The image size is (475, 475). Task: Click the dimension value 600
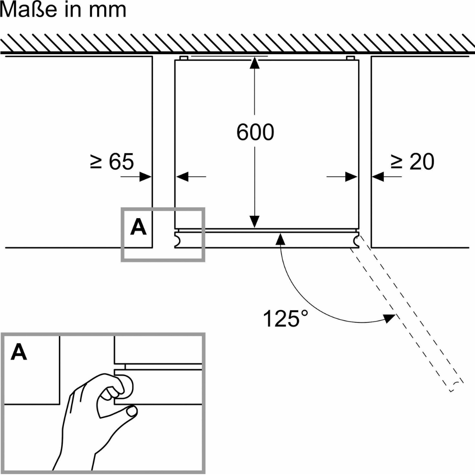pos(255,132)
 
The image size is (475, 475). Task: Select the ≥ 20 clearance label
pos(413,162)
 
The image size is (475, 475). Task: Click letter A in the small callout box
pos(138,228)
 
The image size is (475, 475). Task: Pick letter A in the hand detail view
pos(18,352)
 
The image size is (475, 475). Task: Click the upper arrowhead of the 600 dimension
pos(254,63)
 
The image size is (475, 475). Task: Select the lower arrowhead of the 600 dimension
pos(254,223)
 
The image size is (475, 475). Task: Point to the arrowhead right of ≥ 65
pos(146,177)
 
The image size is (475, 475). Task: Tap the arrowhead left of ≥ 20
pos(378,177)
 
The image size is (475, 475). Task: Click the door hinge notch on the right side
pos(355,240)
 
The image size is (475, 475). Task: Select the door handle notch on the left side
pos(178,240)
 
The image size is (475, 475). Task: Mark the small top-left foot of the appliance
pos(184,58)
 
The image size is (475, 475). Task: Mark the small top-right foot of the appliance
pos(350,58)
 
